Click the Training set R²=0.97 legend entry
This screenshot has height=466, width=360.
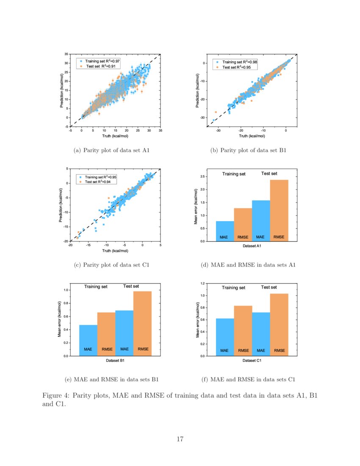[x=100, y=61]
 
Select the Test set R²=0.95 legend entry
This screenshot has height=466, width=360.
[x=236, y=67]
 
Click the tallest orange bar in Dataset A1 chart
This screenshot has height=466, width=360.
[x=279, y=210]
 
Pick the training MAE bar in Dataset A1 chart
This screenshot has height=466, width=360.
[x=224, y=231]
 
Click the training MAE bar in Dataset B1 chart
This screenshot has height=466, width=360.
[x=88, y=340]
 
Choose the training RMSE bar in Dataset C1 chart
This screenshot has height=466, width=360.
[x=243, y=330]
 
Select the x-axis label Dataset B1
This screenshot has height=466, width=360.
[x=115, y=360]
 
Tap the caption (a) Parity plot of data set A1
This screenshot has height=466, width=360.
[x=112, y=150]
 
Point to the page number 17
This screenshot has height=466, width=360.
[x=180, y=439]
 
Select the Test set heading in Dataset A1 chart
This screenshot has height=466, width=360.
[x=269, y=173]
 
